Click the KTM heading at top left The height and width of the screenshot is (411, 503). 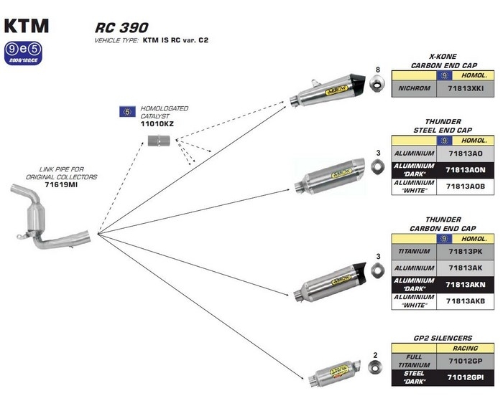(27, 25)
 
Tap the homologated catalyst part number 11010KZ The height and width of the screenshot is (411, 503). (157, 124)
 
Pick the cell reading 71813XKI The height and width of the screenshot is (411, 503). (466, 89)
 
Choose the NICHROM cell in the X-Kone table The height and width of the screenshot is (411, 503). (414, 89)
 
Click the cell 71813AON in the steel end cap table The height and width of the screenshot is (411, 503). (466, 170)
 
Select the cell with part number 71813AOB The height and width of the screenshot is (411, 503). (466, 186)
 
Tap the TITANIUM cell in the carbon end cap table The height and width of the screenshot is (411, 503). (414, 252)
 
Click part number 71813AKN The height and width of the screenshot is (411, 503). (466, 285)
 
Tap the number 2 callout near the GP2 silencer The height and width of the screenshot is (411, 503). (375, 355)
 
